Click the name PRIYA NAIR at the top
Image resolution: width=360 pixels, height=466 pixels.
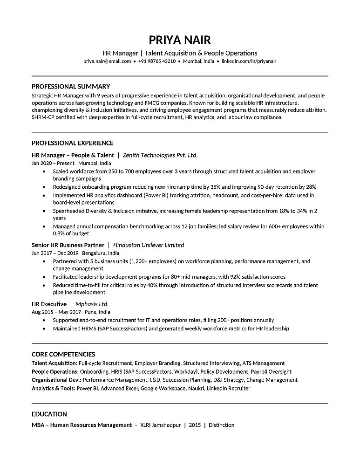[x=180, y=39]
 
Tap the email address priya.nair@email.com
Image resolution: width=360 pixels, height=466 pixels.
[x=107, y=61]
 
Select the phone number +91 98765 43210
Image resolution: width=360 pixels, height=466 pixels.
[x=157, y=61]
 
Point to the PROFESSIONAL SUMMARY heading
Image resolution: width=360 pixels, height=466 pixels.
[x=71, y=86]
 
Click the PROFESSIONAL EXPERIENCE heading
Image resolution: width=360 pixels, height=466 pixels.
[x=72, y=143]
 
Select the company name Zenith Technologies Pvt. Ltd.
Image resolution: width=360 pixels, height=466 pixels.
[x=160, y=155]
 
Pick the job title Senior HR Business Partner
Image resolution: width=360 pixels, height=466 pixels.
[x=68, y=245]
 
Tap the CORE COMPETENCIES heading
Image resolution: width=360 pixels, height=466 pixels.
[x=63, y=354]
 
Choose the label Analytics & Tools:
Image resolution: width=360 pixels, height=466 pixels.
[x=53, y=388]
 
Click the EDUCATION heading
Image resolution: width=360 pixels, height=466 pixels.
[x=49, y=414]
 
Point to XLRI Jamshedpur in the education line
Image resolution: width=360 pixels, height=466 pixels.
[x=160, y=425]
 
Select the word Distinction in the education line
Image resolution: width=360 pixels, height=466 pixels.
[x=221, y=425]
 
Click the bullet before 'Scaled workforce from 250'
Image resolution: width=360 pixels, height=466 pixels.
[x=43, y=171]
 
